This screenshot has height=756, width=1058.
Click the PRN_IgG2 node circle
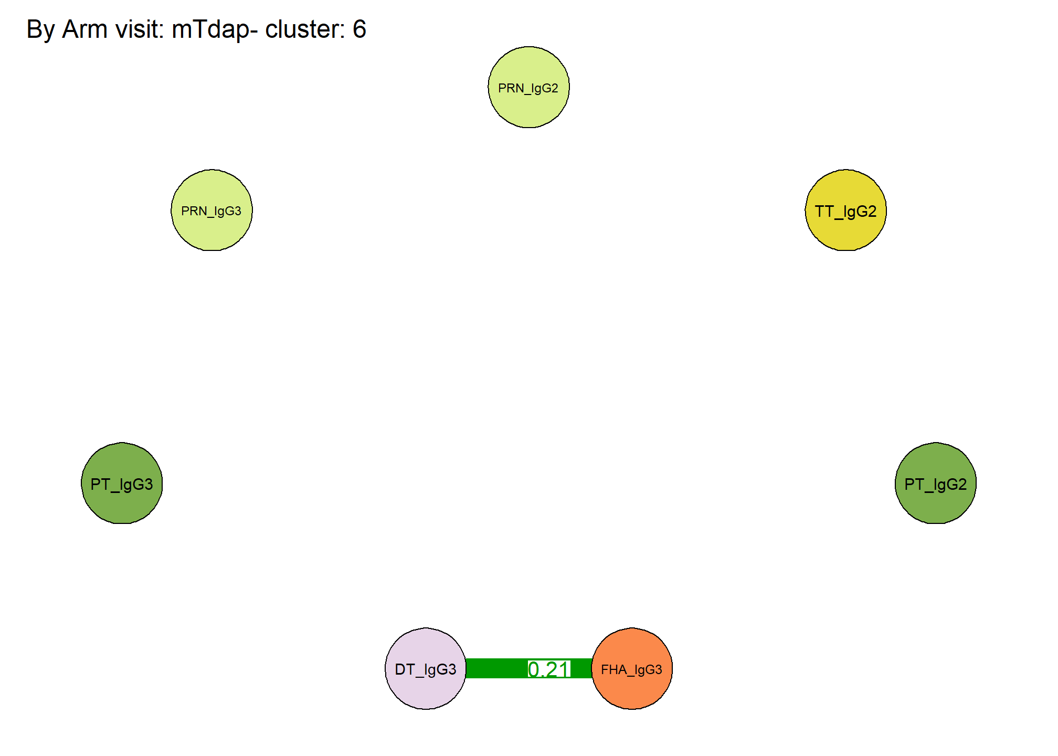coord(528,87)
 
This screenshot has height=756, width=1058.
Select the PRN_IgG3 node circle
coord(211,210)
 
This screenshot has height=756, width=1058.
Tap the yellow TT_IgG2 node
coord(845,210)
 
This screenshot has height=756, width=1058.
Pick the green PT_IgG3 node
coord(122,483)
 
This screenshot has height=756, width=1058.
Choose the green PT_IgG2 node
coord(935,483)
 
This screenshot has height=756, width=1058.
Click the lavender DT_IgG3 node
coord(426,668)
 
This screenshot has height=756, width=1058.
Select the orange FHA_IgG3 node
coord(632,668)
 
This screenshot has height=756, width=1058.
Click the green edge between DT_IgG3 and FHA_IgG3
coord(529,668)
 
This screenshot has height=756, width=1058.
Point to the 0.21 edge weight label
coord(549,669)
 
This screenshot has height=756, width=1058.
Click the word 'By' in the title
coord(40,30)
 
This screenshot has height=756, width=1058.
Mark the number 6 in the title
coord(359,29)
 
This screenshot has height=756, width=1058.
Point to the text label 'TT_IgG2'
coord(845,212)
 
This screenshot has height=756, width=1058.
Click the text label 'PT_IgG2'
coord(935,485)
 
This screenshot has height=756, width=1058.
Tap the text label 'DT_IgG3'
coord(426,670)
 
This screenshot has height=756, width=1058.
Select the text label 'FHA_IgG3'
coord(631,670)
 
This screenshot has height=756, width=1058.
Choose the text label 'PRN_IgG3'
coord(211,211)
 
